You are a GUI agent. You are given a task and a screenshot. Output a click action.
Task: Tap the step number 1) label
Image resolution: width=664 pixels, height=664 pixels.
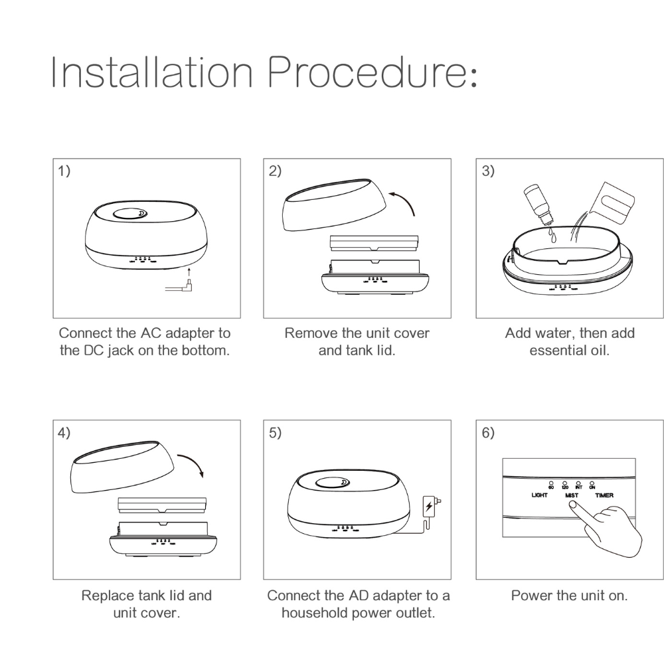pos(64,171)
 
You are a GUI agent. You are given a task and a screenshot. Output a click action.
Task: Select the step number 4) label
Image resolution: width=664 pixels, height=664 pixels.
pos(64,432)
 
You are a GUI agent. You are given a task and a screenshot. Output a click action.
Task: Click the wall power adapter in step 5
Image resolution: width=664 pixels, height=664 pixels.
pos(431,507)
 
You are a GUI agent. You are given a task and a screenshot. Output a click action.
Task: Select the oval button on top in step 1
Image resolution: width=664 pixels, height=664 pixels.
pos(131,214)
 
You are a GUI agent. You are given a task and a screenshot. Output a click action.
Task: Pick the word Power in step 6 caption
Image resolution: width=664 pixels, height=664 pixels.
pos(529,596)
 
